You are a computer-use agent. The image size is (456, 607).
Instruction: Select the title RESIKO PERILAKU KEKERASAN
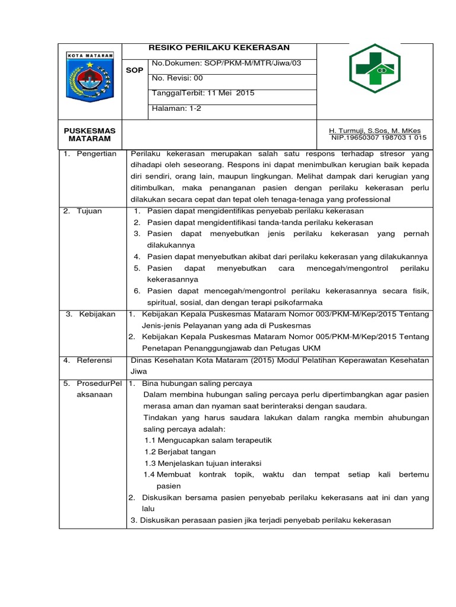coord(218,48)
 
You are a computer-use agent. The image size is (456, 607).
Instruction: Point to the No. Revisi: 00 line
coord(178,78)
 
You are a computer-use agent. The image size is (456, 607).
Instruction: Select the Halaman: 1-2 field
coord(177,108)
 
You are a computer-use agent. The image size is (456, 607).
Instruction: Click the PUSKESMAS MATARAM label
coord(90,134)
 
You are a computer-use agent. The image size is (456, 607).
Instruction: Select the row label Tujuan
coord(90,211)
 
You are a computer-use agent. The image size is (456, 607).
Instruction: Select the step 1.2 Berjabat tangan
coord(180,452)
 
